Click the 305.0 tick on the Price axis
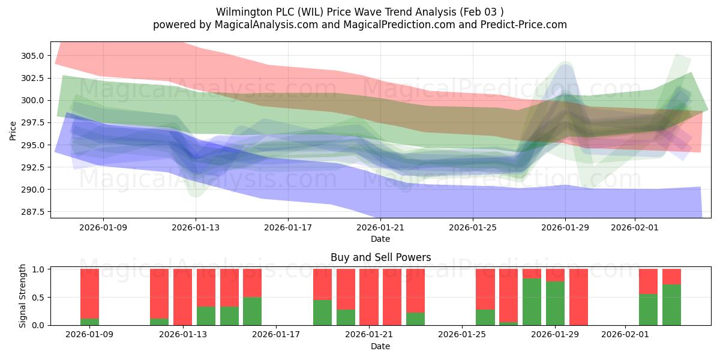(34, 56)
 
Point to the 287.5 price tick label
(34, 212)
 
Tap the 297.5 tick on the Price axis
(34, 122)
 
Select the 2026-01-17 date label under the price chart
(288, 228)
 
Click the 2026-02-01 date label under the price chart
(634, 228)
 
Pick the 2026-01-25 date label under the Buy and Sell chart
(463, 335)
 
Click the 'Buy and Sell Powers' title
(380, 257)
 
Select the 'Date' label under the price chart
(380, 239)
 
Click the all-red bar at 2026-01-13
(182, 297)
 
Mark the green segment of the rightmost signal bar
(671, 305)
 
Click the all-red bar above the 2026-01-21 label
(368, 297)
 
